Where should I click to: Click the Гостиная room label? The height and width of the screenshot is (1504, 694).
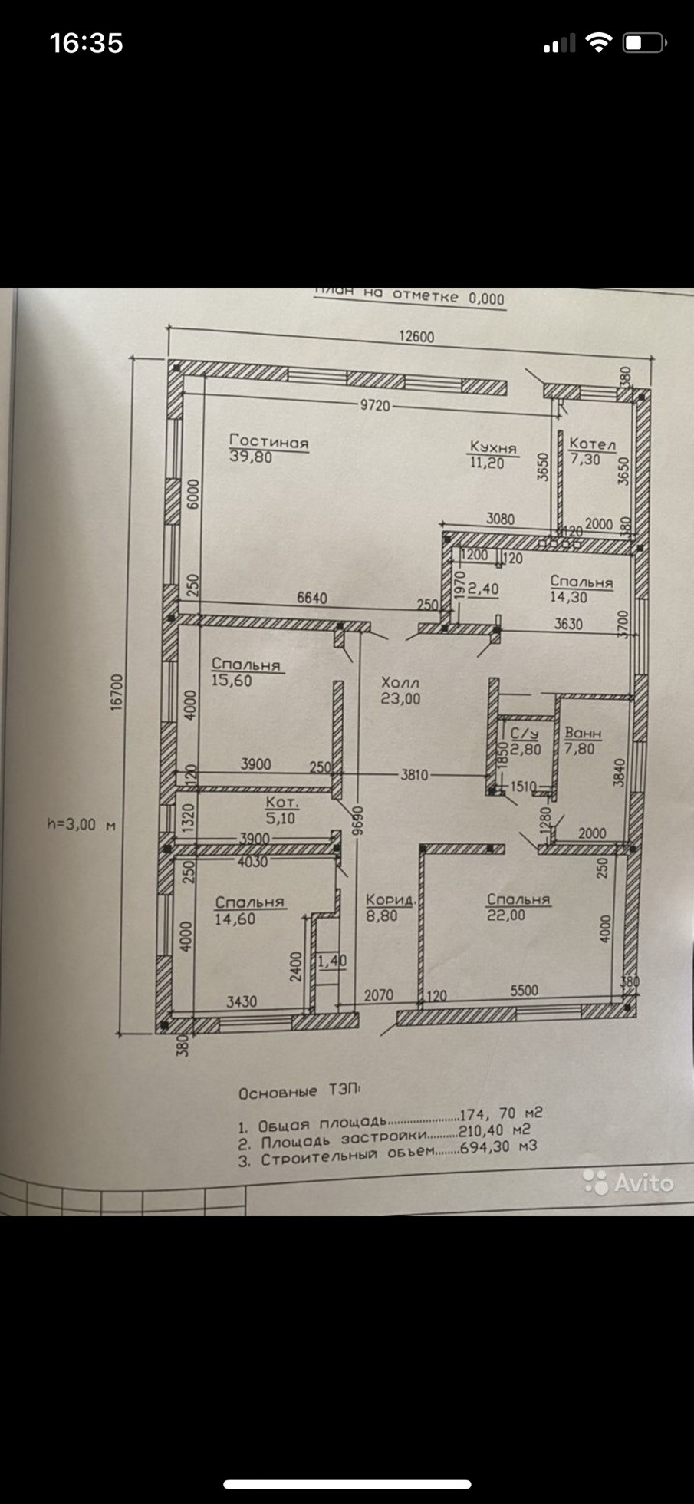[268, 442]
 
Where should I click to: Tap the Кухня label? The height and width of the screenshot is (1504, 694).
[493, 447]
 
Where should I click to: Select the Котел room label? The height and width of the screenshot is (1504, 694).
[592, 444]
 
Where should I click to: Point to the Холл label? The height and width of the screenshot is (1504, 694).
[400, 682]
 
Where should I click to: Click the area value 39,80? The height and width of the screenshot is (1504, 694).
[251, 457]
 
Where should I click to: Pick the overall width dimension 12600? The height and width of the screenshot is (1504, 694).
[416, 336]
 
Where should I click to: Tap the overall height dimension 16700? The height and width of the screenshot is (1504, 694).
[117, 692]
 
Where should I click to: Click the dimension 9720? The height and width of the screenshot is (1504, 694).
[375, 405]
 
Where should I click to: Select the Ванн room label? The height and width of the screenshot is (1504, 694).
[583, 734]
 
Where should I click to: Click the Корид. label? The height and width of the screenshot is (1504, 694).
[390, 899]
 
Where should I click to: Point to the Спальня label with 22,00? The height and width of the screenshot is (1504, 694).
[518, 899]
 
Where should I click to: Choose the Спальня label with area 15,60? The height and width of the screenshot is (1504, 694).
[246, 665]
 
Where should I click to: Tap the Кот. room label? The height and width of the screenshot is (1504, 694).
[282, 803]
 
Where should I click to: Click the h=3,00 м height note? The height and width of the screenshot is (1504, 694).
[81, 824]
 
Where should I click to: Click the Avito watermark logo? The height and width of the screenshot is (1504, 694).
[629, 1183]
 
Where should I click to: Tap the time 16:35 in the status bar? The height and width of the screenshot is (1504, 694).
[86, 43]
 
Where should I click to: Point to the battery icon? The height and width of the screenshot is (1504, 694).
[644, 43]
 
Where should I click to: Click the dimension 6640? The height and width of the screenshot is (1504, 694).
[311, 598]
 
